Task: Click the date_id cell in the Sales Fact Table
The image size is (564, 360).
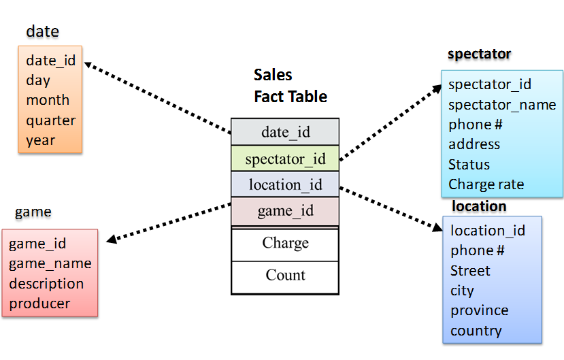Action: pos(285,132)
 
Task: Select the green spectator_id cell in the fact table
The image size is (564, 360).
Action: pos(285,159)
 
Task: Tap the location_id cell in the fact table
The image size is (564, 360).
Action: pos(285,184)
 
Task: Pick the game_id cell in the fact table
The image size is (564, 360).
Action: pos(285,211)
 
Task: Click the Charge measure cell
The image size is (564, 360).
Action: pos(285,244)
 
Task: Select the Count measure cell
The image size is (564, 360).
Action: pos(285,276)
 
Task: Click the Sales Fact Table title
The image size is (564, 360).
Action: pos(290,86)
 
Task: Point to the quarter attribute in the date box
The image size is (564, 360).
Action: pos(50,120)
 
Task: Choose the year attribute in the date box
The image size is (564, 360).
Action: pos(41,140)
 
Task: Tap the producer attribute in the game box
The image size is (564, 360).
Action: pos(39,304)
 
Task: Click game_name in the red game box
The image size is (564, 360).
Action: pos(50,263)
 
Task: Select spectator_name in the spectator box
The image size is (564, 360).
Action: pos(502,105)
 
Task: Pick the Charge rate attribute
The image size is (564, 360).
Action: pos(486,184)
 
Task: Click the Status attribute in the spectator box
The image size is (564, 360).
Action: pos(469,165)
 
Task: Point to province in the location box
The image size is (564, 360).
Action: pos(479,310)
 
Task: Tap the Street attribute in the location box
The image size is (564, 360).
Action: pos(470,271)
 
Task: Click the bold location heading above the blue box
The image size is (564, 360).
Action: pos(479,206)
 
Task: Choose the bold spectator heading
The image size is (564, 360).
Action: pos(479,54)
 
